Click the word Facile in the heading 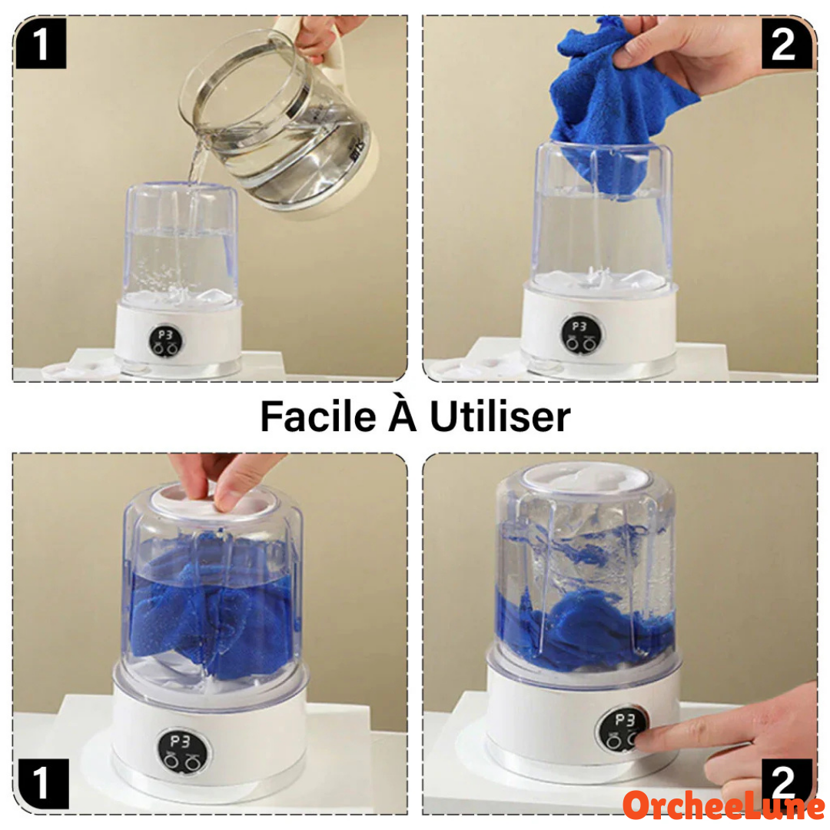318,417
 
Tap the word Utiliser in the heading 500,417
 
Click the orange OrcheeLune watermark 724,805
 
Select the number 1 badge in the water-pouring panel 41,44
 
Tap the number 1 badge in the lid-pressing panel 43,783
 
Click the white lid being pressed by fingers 213,501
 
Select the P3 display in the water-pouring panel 166,334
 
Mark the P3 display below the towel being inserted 579,327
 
